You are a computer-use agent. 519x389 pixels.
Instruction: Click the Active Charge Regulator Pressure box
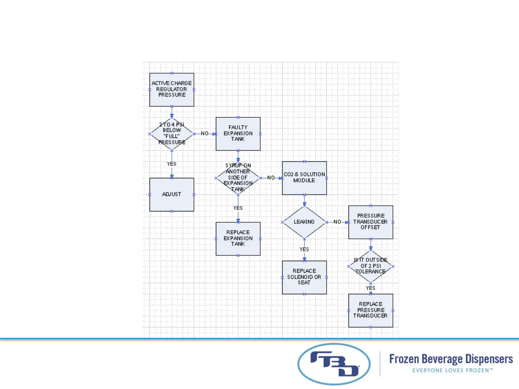172,89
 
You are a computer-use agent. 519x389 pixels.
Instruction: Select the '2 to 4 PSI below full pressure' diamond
172,134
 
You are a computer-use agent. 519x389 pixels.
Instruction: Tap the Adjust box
172,194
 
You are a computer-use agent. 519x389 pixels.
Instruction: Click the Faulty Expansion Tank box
238,134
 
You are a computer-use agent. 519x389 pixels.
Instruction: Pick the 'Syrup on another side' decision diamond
238,178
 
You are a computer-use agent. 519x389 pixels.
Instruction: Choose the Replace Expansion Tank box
238,238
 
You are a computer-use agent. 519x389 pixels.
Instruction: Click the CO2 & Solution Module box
304,178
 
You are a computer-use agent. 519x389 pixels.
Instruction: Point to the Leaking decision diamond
304,222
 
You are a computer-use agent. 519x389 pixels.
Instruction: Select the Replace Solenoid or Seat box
304,277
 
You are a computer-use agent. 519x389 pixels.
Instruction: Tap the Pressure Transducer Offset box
371,222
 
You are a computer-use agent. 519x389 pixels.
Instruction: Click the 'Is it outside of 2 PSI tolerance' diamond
371,266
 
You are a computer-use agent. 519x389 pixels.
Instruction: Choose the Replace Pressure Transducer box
371,310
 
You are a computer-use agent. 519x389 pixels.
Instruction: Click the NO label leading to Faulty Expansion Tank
205,134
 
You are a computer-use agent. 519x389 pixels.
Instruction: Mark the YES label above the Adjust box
172,164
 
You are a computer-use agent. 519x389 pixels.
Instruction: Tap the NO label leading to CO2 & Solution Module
271,178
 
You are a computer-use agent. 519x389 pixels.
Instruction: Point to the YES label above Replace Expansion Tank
238,208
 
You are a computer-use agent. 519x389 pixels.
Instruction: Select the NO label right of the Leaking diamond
337,222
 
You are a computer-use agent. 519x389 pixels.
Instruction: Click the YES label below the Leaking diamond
304,250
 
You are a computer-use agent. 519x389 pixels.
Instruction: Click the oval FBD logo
334,364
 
